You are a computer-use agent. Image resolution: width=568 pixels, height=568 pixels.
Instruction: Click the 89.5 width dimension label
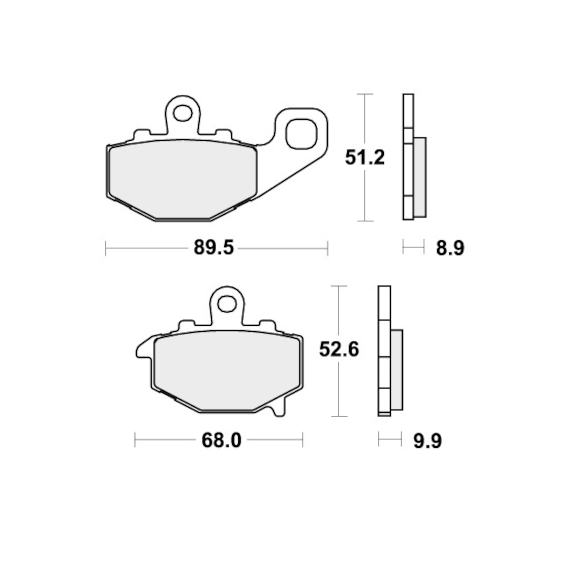click(214, 248)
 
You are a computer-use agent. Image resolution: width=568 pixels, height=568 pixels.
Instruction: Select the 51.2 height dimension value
click(365, 157)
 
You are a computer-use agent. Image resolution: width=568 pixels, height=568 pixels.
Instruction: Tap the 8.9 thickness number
click(450, 248)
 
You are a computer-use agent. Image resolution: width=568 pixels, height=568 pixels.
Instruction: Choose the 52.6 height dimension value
click(339, 349)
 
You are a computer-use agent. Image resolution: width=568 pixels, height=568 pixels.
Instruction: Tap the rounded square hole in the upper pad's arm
click(301, 133)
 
